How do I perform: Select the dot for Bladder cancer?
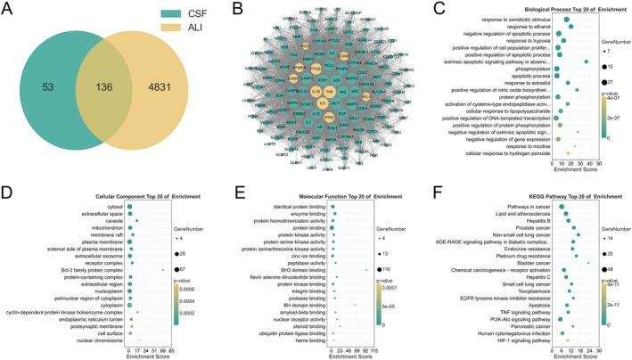(588, 263)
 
